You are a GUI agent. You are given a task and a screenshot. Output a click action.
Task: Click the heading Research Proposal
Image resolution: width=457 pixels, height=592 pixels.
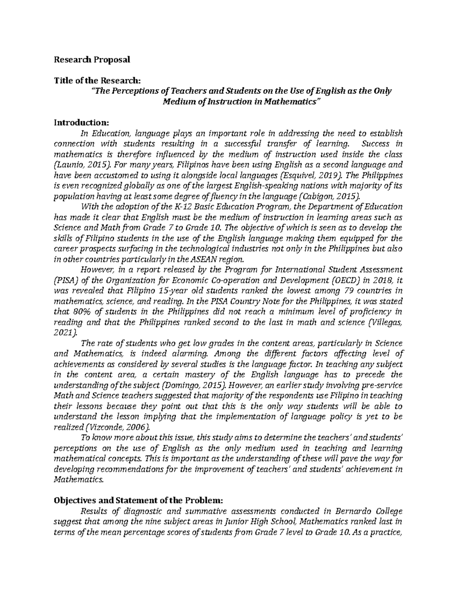[92, 59]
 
